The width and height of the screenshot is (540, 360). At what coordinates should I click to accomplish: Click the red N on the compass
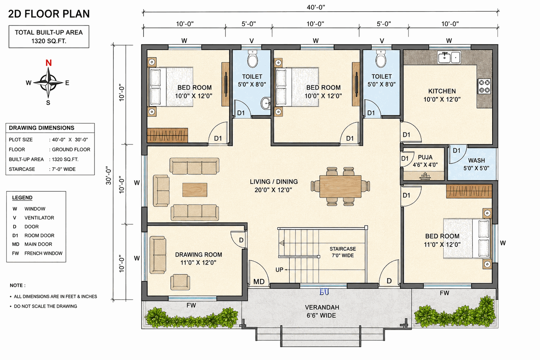(x=49, y=63)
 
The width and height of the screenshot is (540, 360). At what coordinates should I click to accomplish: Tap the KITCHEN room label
(x=442, y=91)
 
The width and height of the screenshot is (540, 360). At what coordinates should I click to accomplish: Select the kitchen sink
(x=449, y=57)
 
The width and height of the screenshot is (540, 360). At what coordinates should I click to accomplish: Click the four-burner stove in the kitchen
(x=484, y=86)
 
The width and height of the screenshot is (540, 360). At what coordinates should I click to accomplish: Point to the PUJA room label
(x=425, y=157)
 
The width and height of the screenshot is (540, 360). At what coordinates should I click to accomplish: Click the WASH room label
(x=476, y=161)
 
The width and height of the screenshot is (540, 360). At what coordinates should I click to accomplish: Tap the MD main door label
(x=259, y=281)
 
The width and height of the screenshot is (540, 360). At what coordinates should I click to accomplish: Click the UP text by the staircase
(x=279, y=270)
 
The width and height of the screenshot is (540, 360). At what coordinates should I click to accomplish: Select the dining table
(x=340, y=186)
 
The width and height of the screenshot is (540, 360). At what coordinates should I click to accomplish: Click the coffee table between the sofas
(x=194, y=190)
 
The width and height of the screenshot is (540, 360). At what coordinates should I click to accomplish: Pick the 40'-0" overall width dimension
(x=316, y=7)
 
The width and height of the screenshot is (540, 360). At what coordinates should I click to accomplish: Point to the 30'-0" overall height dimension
(x=108, y=176)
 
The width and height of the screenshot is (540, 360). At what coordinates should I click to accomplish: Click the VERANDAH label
(x=322, y=308)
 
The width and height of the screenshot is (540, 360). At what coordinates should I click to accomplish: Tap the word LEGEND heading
(x=22, y=198)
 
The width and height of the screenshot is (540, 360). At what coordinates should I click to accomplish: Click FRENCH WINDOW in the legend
(x=43, y=253)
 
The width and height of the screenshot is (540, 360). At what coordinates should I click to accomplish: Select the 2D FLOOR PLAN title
(x=49, y=14)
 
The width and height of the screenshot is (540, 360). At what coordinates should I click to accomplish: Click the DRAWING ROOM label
(x=198, y=255)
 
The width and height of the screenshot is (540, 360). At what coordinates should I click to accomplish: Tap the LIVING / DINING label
(x=273, y=182)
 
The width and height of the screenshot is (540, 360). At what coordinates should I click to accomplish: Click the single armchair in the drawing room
(x=180, y=282)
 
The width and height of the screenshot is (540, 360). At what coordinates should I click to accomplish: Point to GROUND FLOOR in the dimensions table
(x=71, y=149)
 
